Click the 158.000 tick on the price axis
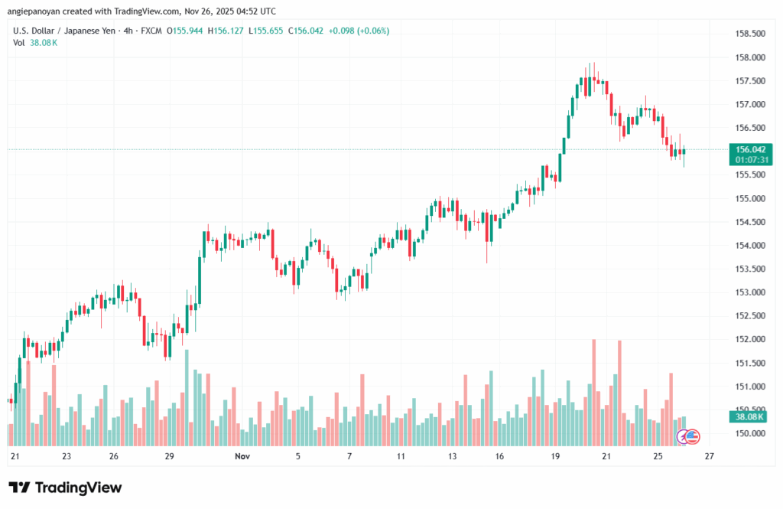click(750, 57)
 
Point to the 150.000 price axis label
click(750, 433)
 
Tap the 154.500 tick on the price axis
click(750, 222)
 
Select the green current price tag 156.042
click(750, 149)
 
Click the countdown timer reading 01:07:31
click(750, 160)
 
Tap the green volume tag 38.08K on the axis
click(750, 416)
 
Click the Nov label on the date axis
click(242, 456)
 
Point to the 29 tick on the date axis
click(170, 456)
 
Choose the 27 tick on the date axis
click(709, 456)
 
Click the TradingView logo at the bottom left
click(65, 488)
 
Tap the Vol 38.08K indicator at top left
click(35, 42)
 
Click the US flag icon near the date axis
click(692, 436)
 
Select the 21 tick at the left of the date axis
click(14, 456)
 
